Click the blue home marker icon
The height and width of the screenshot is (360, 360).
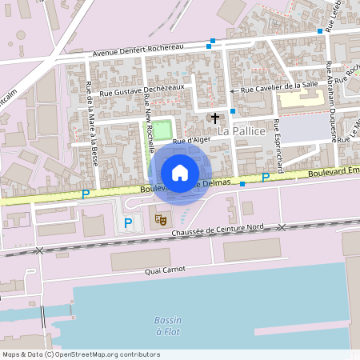coord(180,172)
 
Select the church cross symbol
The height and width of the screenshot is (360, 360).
coord(214,118)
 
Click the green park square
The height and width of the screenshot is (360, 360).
coord(162,128)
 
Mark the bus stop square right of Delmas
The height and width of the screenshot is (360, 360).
coord(242,184)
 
